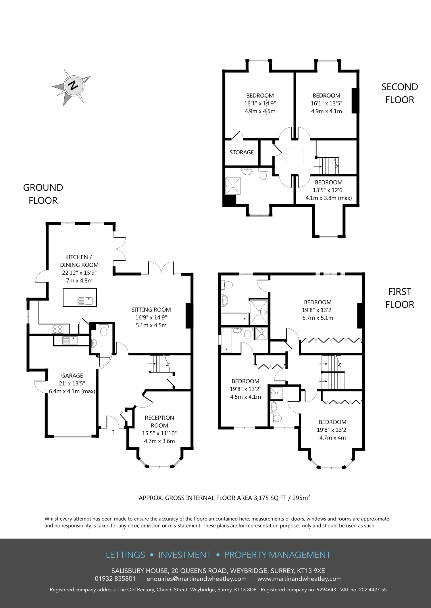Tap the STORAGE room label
pos(242,152)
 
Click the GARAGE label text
pos(72,375)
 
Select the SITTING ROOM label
pos(151,309)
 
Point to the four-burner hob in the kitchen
pos(57,328)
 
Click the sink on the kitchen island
pos(85,301)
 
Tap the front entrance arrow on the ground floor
pos(113,432)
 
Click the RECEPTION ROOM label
pos(159,422)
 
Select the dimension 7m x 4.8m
pos(79,280)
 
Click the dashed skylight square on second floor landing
pos(295,157)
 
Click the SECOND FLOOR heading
pos(400,93)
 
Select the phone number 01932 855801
pos(115,579)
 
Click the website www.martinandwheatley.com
pos(299,579)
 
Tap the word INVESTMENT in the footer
pos(185,555)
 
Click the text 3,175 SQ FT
pos(270,498)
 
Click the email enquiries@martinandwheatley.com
pos(197,579)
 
